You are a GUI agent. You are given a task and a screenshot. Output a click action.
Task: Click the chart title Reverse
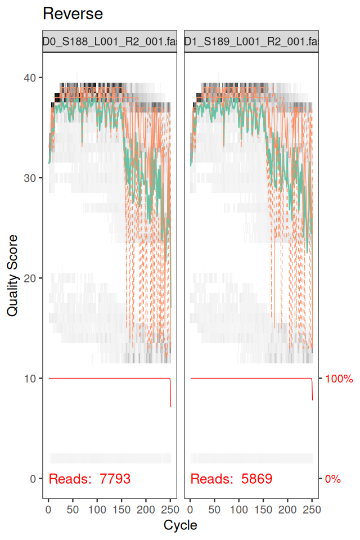point(73,14)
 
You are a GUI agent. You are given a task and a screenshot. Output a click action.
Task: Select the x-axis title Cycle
point(180,525)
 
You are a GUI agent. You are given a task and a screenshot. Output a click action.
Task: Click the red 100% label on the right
point(339,379)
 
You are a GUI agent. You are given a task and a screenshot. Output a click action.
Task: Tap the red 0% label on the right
point(333,479)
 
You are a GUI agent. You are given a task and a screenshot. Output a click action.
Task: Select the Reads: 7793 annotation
point(90,479)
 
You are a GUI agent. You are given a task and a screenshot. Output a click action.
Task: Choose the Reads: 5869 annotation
point(231,479)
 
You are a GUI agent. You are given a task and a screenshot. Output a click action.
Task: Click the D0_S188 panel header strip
point(110,41)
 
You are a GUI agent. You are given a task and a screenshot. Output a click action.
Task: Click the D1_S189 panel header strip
point(251,41)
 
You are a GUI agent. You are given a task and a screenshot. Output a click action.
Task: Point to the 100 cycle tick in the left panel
point(97,509)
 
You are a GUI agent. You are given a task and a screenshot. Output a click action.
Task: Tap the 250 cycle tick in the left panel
point(170,509)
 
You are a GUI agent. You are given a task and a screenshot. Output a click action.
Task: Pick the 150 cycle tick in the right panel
point(263,509)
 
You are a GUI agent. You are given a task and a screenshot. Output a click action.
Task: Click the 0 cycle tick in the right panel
point(190,509)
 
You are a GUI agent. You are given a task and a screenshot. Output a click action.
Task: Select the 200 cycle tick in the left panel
point(146,509)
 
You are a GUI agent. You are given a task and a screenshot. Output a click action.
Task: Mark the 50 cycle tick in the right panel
point(214,509)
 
